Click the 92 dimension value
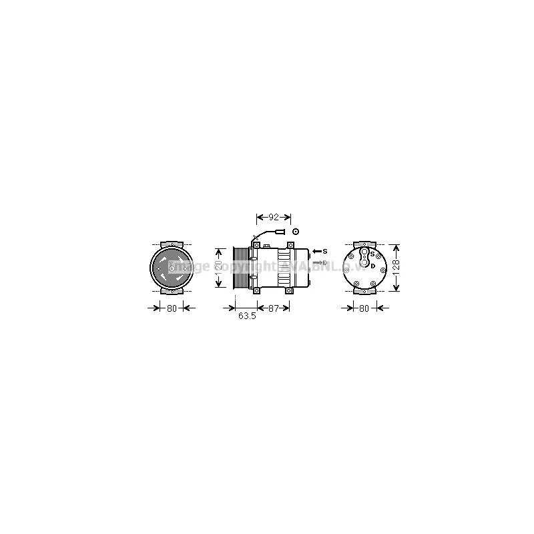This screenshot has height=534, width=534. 274,218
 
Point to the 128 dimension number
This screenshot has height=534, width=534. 396,268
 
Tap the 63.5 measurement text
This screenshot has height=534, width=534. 247,316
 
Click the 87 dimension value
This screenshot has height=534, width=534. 273,308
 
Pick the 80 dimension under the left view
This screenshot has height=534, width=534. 171,308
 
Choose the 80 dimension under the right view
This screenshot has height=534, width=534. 364,308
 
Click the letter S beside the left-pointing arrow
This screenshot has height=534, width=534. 325,251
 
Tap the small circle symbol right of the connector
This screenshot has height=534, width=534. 294,231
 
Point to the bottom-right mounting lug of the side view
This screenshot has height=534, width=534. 288,290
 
